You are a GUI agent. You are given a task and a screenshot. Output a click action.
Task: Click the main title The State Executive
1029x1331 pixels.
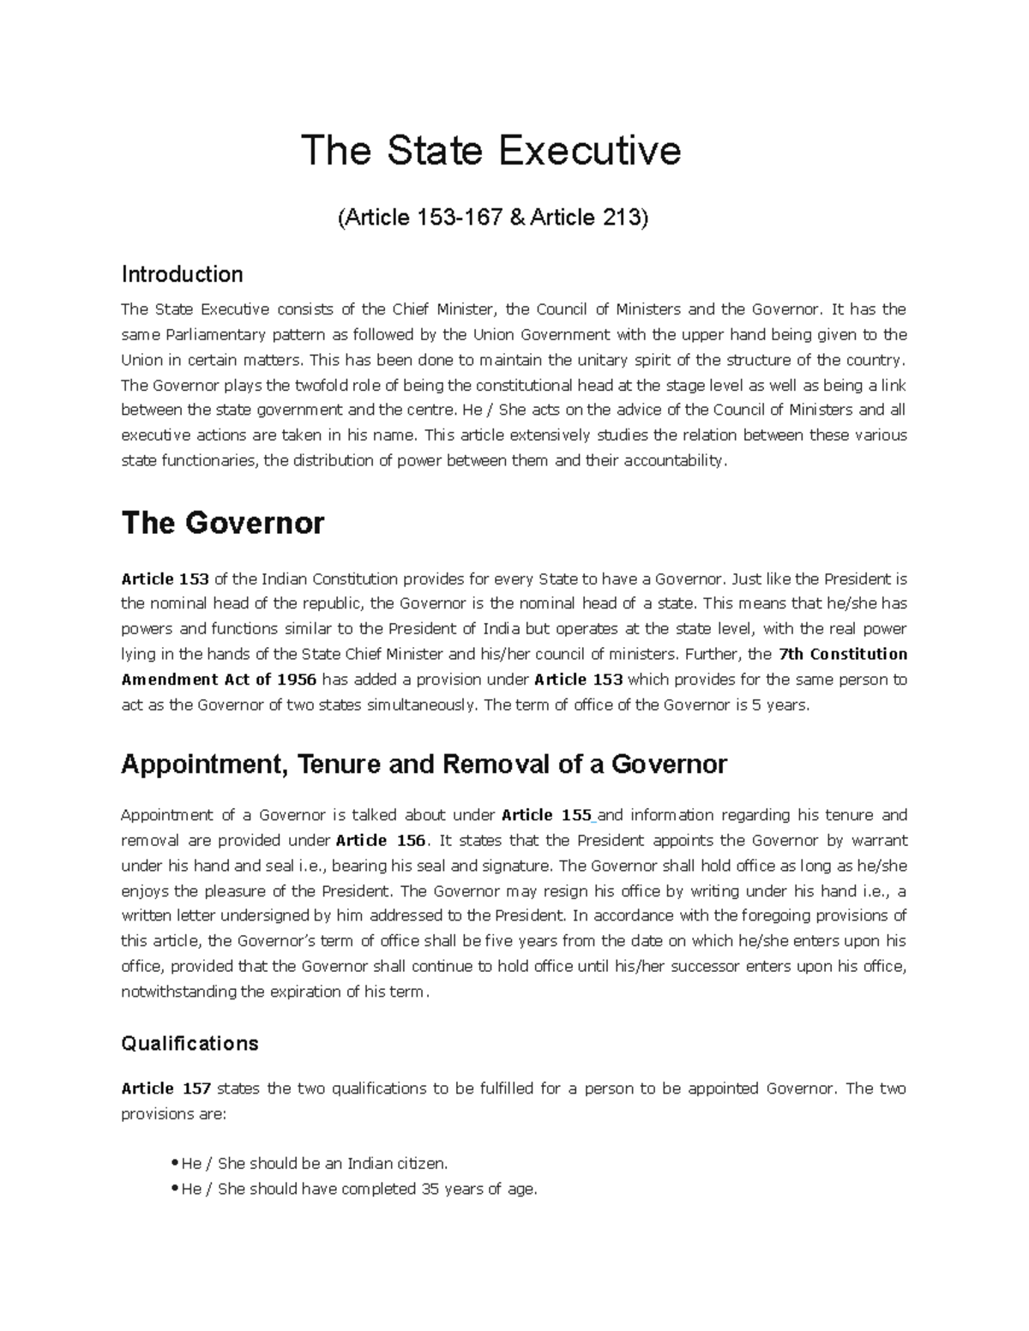(490, 151)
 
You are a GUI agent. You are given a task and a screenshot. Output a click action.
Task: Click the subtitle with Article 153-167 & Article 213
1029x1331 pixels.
(492, 218)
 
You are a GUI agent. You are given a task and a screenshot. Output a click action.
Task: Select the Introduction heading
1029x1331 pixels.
(182, 274)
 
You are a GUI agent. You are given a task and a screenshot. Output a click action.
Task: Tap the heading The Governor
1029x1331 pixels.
(223, 523)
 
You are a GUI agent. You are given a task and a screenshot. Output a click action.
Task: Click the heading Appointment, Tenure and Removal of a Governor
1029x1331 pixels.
(424, 764)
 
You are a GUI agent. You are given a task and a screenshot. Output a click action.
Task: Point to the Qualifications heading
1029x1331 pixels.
(190, 1043)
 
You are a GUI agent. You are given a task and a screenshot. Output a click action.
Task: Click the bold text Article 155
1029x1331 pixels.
(546, 814)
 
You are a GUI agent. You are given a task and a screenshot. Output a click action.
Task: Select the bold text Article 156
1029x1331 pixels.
(381, 840)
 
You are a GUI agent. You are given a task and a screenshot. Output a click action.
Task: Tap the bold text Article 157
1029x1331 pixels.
(165, 1088)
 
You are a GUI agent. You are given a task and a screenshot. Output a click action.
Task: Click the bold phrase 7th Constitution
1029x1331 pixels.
(842, 654)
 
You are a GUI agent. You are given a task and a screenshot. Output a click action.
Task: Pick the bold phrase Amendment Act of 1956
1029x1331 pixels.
(219, 680)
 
